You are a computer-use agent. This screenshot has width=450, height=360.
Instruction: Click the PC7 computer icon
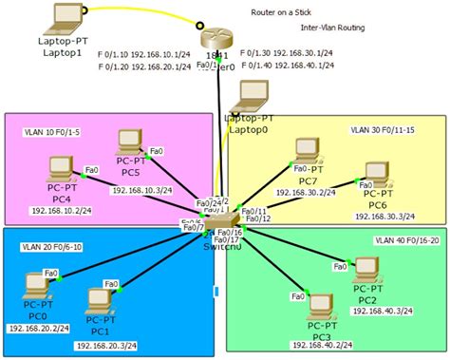point(304,150)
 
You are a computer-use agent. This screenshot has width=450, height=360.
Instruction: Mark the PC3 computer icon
point(321,311)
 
